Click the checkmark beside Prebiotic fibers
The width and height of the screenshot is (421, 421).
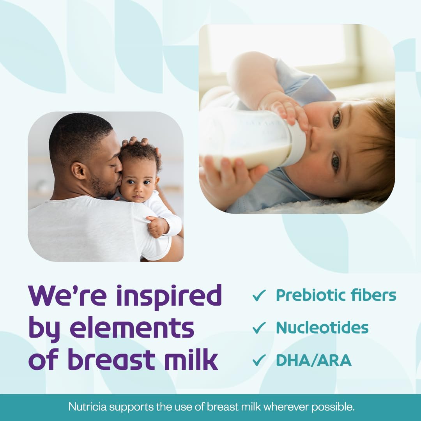tap(259, 295)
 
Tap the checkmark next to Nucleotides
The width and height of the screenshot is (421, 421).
tap(259, 328)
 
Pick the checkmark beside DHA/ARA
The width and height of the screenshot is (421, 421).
tap(259, 360)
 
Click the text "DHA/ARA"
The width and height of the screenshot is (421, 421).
tap(314, 360)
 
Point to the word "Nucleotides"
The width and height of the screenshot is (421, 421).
tap(322, 328)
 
